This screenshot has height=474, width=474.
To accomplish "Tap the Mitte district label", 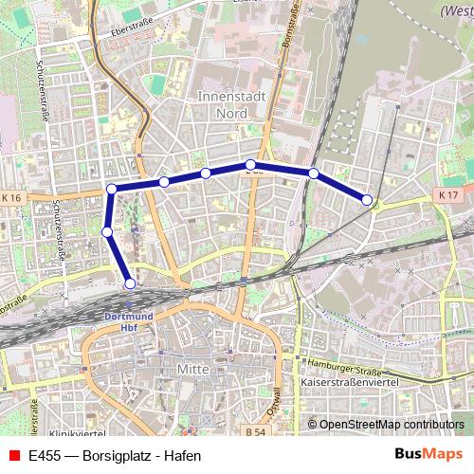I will pos(192,367).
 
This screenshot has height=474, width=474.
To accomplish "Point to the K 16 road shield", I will pos(11,197).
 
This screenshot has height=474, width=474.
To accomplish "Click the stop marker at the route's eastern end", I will pos(367,199).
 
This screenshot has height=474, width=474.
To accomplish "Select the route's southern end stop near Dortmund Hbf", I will pos(130,283).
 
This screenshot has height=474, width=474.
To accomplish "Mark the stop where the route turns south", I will pos(112,189).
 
